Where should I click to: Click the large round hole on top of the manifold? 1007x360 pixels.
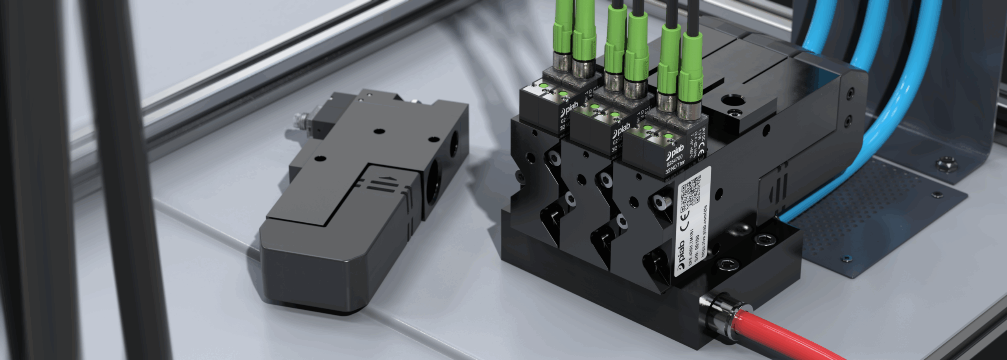[734, 102]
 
